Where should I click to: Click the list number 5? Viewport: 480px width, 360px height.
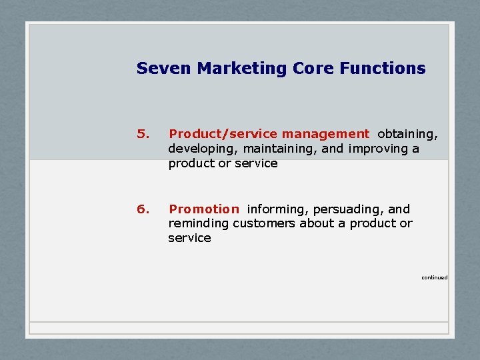click(x=142, y=135)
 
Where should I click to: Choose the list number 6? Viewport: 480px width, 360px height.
click(x=142, y=209)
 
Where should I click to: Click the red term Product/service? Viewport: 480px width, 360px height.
click(x=223, y=135)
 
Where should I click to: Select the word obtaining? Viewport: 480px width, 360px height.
click(x=407, y=135)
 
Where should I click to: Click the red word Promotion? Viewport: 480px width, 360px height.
click(x=203, y=209)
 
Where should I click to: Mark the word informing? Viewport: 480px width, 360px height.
click(x=278, y=209)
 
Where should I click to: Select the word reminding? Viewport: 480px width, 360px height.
click(x=199, y=223)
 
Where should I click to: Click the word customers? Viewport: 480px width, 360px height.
click(x=265, y=223)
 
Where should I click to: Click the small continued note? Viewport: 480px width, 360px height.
click(x=434, y=277)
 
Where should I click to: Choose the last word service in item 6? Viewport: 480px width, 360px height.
click(x=189, y=238)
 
